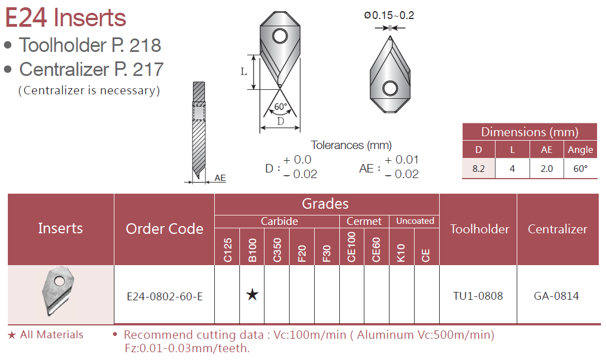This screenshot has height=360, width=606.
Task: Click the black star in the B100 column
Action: tap(252, 295)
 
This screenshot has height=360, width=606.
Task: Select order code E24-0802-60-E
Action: tap(165, 296)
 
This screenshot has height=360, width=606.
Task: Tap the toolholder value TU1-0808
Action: tap(478, 296)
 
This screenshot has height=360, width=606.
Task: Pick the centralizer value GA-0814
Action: tap(556, 296)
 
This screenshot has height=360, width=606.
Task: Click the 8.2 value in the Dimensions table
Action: tap(478, 169)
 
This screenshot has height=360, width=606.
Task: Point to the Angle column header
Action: tap(580, 150)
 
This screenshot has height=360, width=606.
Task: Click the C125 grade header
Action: tap(228, 250)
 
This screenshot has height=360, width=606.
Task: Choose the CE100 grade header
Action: tap(352, 247)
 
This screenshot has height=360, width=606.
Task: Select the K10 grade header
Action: tap(401, 253)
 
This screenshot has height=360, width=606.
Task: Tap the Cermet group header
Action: tap(364, 221)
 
